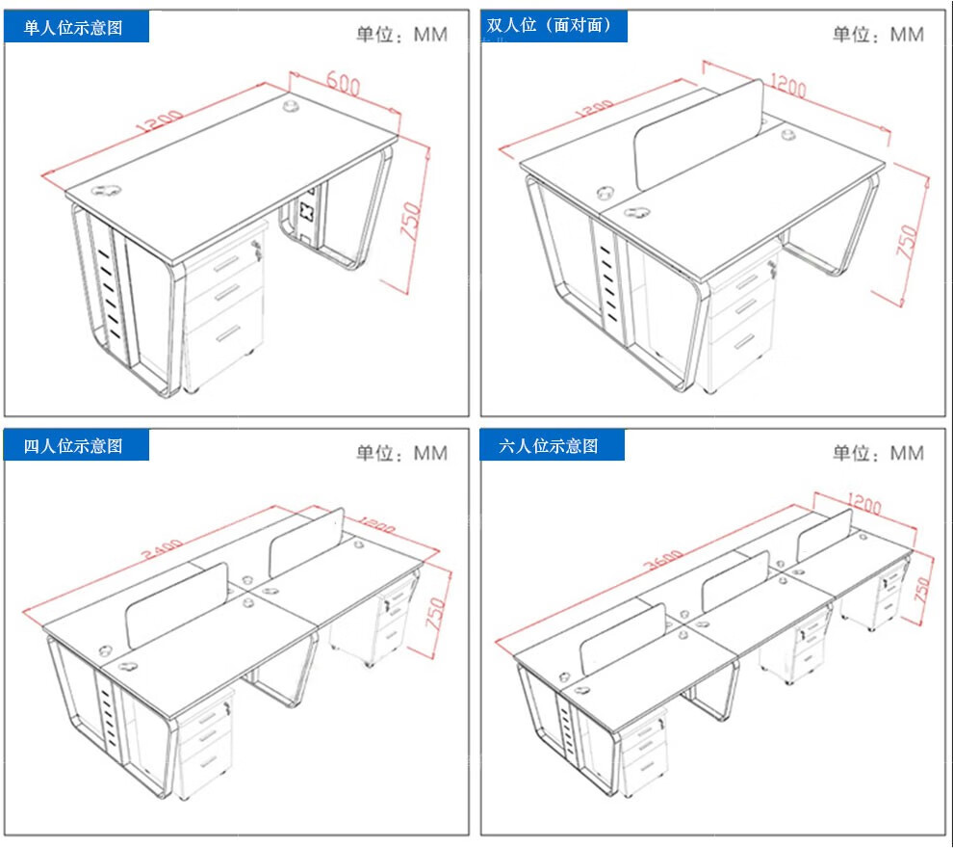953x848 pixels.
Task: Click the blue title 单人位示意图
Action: tap(74, 27)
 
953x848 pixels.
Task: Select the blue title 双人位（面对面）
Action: tap(550, 26)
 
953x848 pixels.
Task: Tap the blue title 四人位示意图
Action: tap(74, 446)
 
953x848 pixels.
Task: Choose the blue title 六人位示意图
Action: tap(550, 446)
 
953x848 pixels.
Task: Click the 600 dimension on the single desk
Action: tap(343, 83)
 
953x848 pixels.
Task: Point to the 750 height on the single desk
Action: tap(411, 222)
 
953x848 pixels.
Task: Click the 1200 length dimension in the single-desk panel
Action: tap(161, 124)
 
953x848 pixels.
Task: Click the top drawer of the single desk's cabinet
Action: tap(226, 262)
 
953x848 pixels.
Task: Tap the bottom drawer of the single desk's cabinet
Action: tap(227, 333)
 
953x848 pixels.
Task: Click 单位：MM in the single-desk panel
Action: tap(401, 35)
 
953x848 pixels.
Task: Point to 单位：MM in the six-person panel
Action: tap(878, 453)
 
